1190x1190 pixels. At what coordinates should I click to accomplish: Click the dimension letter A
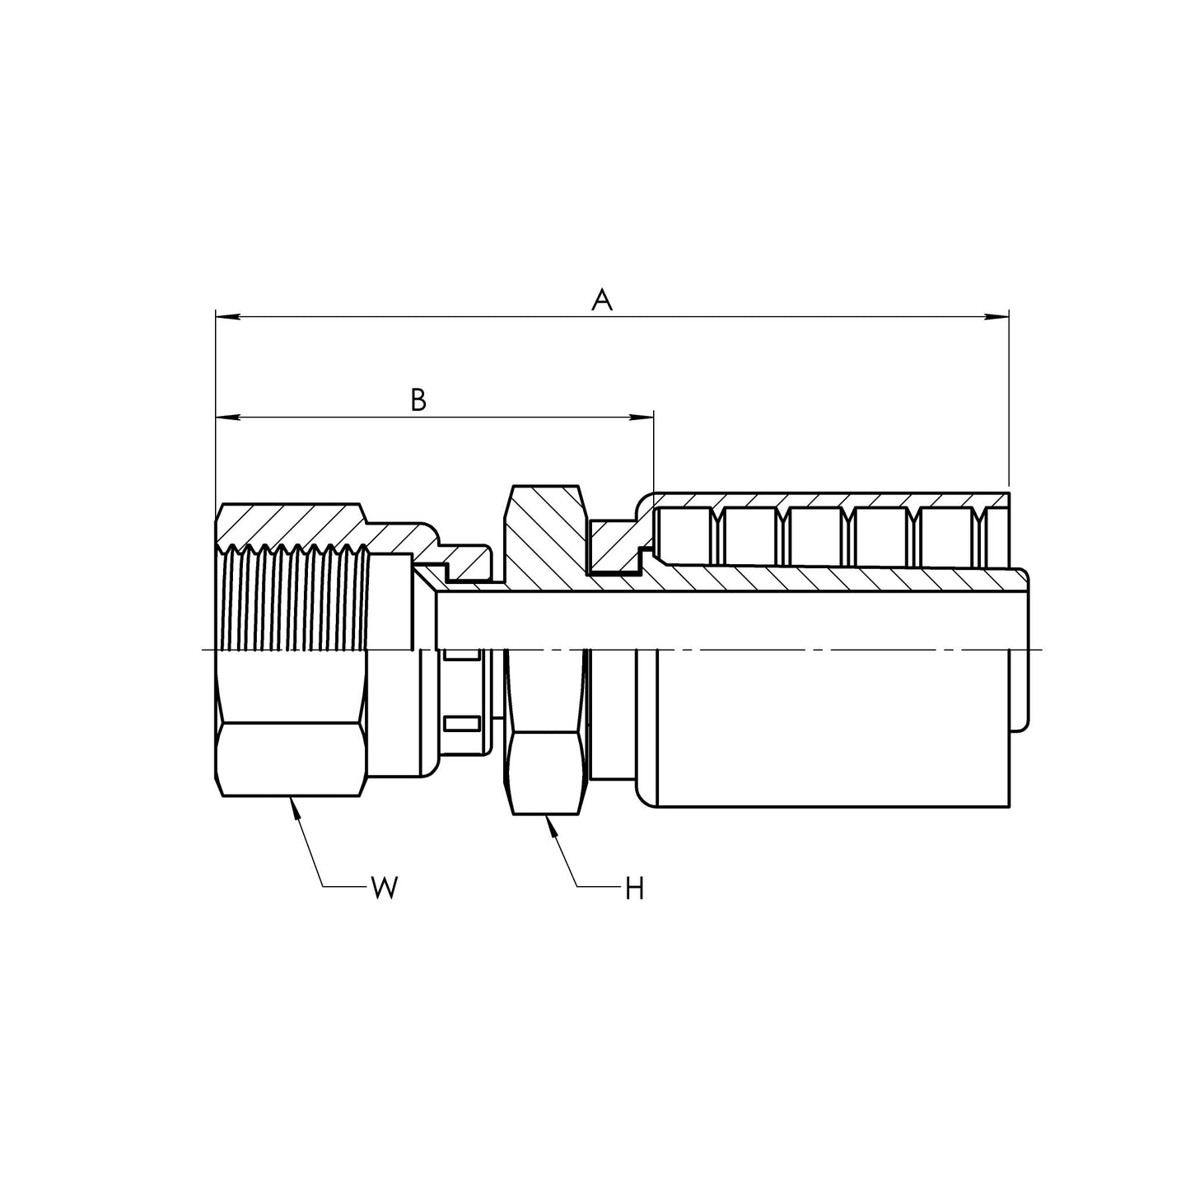(602, 301)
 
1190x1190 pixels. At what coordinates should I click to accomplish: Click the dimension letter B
(418, 401)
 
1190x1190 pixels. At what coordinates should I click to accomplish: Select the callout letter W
(384, 888)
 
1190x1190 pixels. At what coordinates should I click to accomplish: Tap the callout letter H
(633, 889)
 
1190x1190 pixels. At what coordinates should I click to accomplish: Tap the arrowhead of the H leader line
(551, 824)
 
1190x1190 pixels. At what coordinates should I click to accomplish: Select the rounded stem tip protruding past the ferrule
(1020, 651)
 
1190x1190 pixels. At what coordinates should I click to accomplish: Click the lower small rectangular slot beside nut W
(461, 724)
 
